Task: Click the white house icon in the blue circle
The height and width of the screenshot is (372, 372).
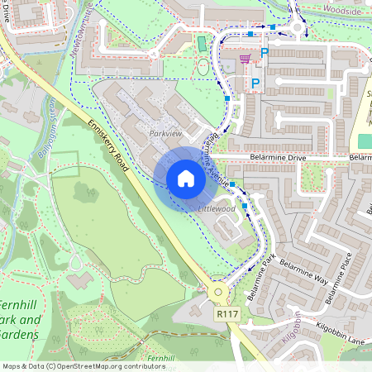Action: (186, 179)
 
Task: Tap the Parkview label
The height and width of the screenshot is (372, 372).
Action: (165, 132)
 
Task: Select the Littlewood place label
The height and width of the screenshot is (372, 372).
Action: (217, 209)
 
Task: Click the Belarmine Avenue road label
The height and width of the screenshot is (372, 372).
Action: (213, 157)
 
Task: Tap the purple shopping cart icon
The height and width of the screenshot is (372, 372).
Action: (244, 59)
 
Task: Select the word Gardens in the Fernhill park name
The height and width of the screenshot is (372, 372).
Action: (20, 334)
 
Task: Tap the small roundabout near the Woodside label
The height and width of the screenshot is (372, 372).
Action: (296, 31)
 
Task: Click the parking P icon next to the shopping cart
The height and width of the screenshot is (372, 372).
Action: (265, 53)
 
